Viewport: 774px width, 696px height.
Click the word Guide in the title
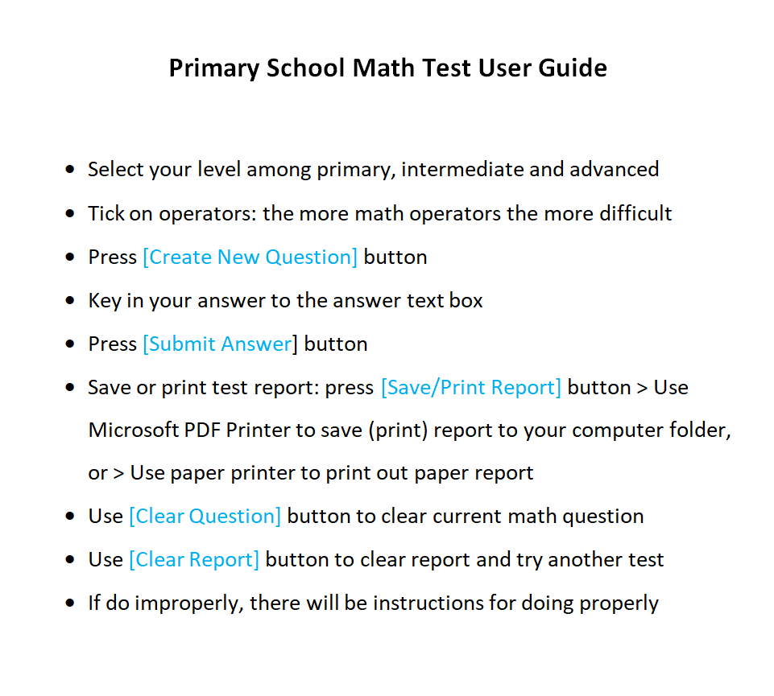(x=573, y=68)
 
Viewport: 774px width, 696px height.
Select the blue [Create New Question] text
(x=250, y=257)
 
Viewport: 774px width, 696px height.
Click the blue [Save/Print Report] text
(x=471, y=388)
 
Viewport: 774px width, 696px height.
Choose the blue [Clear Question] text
(x=205, y=517)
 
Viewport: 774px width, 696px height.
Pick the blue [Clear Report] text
(x=194, y=560)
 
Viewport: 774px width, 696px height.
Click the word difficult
(x=635, y=214)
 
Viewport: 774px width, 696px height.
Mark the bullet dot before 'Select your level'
(x=71, y=171)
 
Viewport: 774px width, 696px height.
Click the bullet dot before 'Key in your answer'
(x=71, y=301)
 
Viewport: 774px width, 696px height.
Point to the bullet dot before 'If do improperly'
(x=71, y=603)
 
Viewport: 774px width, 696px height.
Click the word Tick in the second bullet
(x=105, y=214)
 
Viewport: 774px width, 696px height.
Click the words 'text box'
(x=452, y=301)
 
